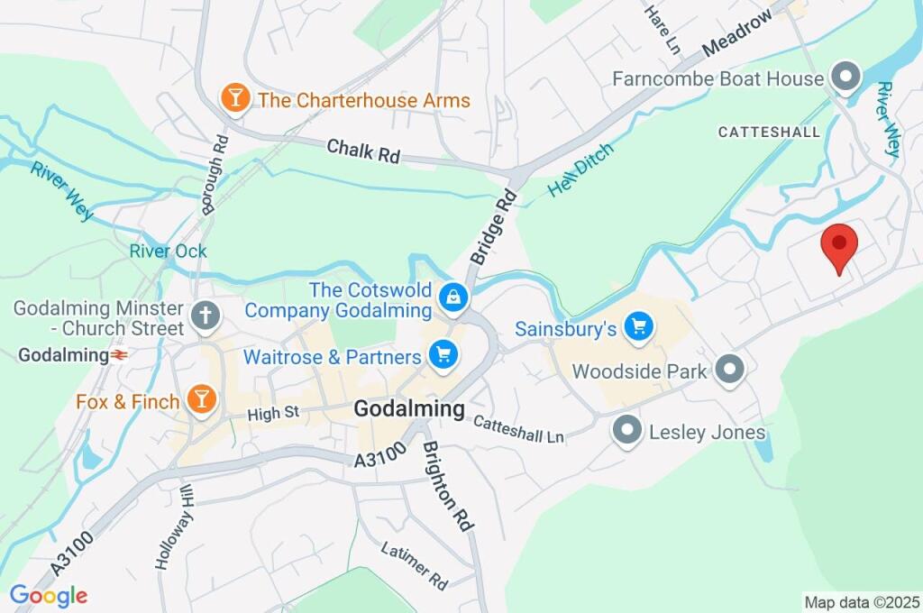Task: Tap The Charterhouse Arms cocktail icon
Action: tap(235, 99)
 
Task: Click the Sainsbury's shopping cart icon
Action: tap(639, 327)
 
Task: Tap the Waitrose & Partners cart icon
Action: tap(443, 356)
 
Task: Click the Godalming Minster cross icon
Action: tap(206, 317)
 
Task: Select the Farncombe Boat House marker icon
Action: tap(845, 78)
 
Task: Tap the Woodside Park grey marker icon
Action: tap(729, 369)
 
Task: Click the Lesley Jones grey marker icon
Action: tap(627, 432)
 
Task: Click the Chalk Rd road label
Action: tap(363, 151)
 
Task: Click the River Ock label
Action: tap(168, 251)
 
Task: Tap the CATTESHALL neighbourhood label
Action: tap(769, 132)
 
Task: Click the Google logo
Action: tap(49, 595)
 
